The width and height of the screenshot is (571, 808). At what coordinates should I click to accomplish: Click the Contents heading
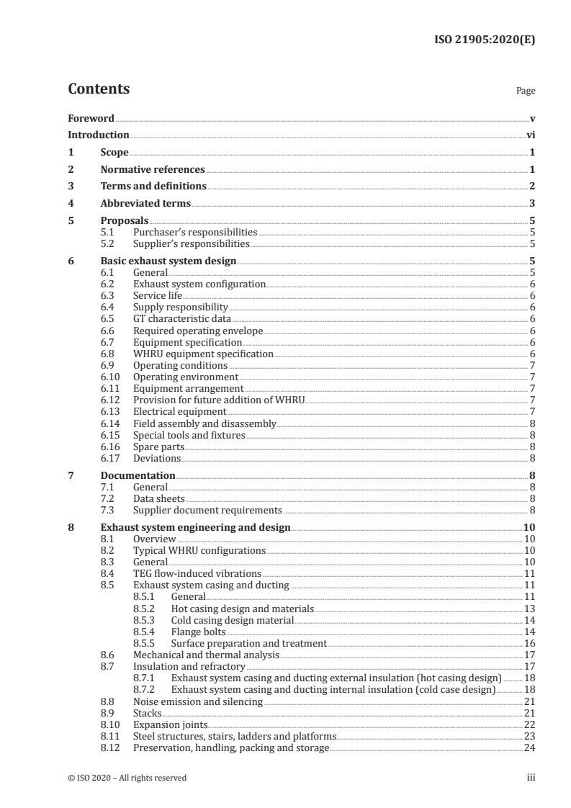99,89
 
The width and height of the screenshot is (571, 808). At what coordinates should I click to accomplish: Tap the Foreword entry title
91,117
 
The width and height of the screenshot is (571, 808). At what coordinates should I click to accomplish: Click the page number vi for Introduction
530,135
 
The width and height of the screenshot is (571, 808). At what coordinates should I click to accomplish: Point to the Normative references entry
153,170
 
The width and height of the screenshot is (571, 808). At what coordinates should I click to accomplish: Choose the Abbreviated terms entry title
145,204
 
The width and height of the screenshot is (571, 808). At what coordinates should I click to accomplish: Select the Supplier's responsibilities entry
195,243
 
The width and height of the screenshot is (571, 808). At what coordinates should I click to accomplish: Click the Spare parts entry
153,446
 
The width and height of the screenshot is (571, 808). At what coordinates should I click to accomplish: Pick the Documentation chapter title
138,475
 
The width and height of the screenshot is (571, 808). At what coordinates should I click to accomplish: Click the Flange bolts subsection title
199,632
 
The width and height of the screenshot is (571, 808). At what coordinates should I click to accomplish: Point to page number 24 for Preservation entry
529,748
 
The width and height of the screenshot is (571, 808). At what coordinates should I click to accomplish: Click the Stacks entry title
148,713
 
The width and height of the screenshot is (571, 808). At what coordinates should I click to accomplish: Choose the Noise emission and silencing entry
198,701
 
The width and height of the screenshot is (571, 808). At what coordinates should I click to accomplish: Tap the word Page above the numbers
526,91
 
